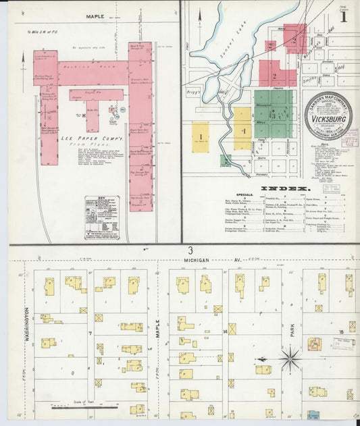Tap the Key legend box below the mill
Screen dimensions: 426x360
coord(101,217)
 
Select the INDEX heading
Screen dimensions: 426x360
coord(289,188)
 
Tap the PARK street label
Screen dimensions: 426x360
coord(292,331)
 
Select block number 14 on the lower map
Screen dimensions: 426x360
coord(224,332)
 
